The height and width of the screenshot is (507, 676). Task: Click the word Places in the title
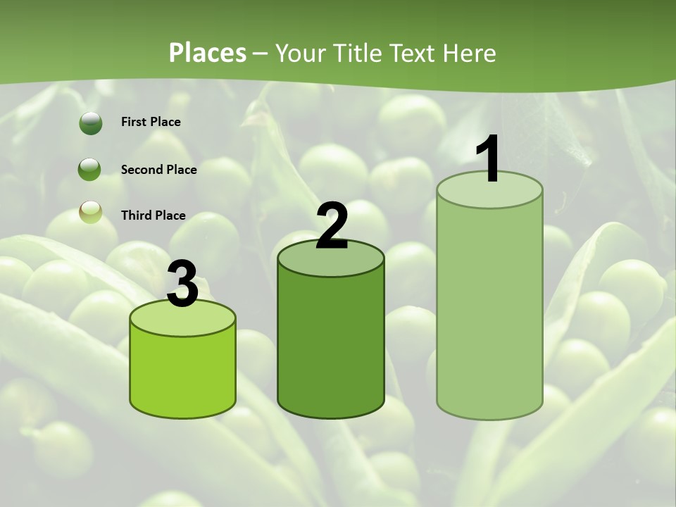208,53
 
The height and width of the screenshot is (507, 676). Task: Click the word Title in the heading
354,53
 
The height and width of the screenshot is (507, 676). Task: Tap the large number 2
332,226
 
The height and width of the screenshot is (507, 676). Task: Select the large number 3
182,284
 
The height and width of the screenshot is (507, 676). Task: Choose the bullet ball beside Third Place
90,213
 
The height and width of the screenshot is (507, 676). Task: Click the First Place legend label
151,122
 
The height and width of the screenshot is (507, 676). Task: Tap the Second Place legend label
158,170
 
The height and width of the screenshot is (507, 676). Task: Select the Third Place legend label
153,215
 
